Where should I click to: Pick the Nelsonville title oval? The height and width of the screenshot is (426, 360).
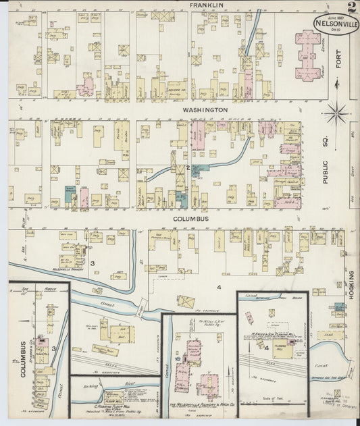335,25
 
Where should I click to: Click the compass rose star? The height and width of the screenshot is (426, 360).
335,113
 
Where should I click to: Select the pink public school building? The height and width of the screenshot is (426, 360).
308,55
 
